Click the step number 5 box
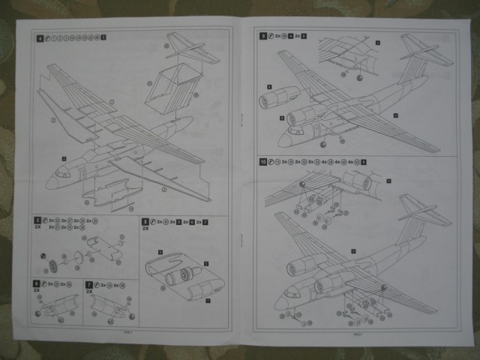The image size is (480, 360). tap(38, 222)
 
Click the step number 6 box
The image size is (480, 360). tap(37, 285)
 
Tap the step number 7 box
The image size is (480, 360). tap(89, 285)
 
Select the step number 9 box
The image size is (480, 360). tap(262, 36)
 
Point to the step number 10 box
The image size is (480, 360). tap(264, 163)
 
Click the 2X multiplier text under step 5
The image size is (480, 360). tap(37, 229)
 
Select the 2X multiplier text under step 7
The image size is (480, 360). tap(89, 292)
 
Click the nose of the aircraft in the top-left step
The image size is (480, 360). tap(49, 182)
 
